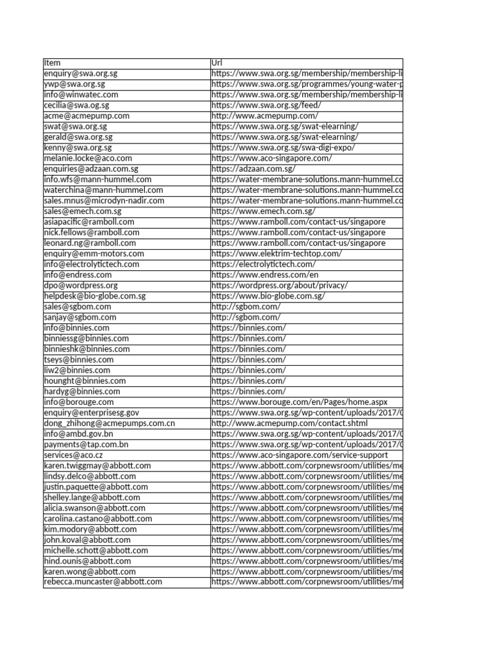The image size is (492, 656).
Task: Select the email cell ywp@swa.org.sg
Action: tap(74, 84)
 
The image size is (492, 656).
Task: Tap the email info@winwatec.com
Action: tap(81, 95)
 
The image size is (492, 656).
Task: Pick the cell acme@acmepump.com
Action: tap(86, 116)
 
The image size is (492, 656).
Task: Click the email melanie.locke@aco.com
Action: tap(88, 158)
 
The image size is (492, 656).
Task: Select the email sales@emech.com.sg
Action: tap(83, 211)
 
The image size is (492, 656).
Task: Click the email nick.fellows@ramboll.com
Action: tap(92, 233)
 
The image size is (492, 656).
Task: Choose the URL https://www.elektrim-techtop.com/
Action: tap(276, 254)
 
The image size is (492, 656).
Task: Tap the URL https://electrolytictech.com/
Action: tap(263, 264)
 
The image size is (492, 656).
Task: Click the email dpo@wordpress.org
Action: tap(81, 285)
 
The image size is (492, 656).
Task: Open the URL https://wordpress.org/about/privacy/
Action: tap(279, 285)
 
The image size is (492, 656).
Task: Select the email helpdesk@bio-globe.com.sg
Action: tap(95, 296)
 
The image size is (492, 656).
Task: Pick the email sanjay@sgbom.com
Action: tap(80, 317)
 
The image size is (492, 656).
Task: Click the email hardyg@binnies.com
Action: tap(82, 391)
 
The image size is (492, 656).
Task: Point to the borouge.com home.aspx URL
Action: tap(299, 402)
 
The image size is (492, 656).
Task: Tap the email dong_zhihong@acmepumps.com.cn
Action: tap(110, 423)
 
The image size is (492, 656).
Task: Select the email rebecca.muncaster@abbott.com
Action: tap(103, 582)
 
